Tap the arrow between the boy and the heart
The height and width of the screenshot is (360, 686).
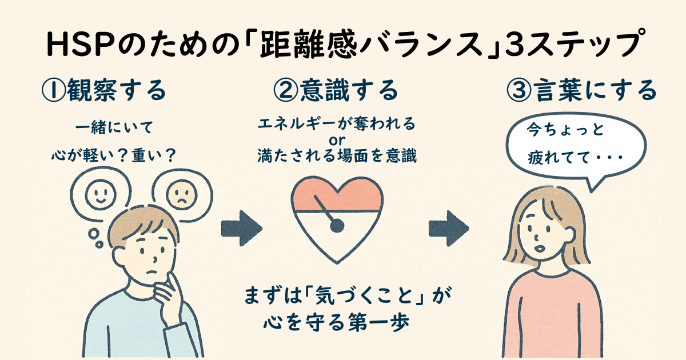pos(241,228)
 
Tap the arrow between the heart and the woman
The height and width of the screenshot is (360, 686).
pos(449,228)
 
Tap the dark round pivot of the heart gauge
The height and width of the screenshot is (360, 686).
pos(337,227)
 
